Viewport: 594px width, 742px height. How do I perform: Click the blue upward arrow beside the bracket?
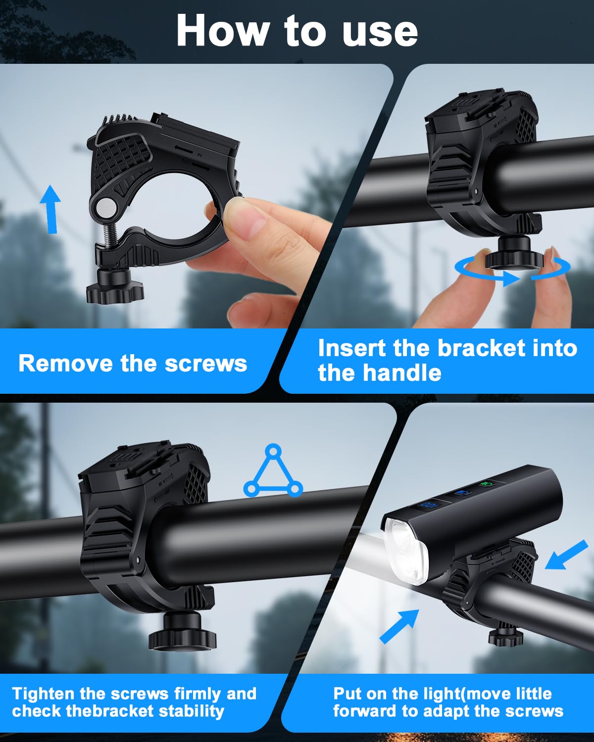tap(50, 209)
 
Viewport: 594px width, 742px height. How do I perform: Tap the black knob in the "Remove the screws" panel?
tap(115, 286)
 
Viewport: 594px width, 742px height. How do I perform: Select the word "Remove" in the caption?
tap(65, 364)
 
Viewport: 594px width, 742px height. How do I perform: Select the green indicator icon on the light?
tap(488, 484)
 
